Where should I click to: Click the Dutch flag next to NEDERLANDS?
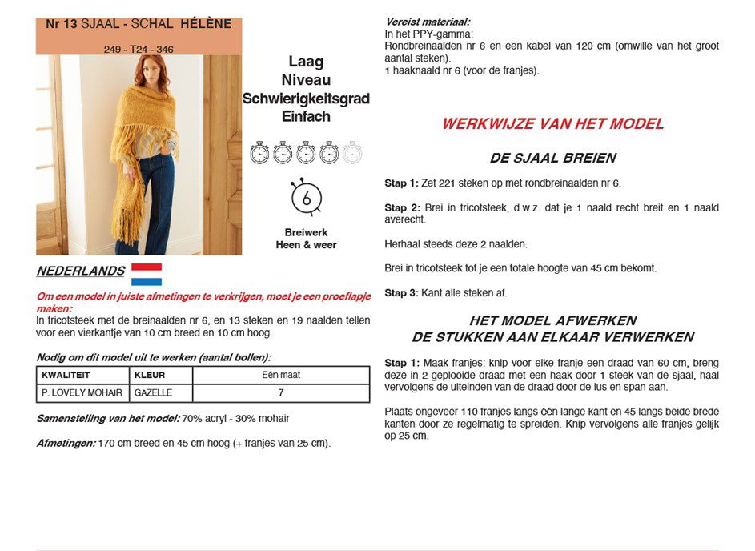[x=147, y=274]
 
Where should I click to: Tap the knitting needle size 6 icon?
[x=305, y=197]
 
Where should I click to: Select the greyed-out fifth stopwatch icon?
[x=352, y=152]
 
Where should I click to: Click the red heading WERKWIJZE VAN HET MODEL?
[x=552, y=124]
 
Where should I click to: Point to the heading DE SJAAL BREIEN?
[x=552, y=159]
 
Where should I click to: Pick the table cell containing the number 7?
[x=281, y=393]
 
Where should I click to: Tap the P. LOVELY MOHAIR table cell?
[x=82, y=393]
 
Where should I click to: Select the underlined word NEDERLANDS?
[x=81, y=271]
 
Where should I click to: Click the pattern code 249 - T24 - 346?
[x=139, y=50]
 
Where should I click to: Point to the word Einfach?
[x=306, y=116]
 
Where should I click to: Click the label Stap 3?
[x=401, y=293]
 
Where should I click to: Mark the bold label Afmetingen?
[x=66, y=443]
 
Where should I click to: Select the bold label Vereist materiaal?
[x=428, y=22]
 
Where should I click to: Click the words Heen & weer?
[x=306, y=245]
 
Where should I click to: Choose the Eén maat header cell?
[x=281, y=375]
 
